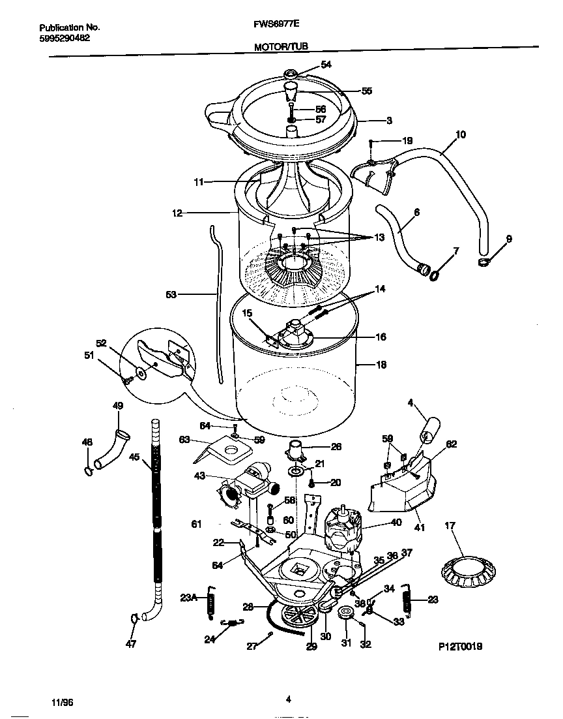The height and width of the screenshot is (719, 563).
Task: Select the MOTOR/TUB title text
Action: click(x=281, y=46)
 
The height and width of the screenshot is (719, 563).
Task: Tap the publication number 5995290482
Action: click(x=65, y=38)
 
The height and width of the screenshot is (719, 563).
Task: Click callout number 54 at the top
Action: click(x=326, y=64)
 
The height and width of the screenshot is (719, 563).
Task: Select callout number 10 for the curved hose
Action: click(x=460, y=134)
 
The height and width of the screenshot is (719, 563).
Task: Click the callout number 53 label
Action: click(x=171, y=295)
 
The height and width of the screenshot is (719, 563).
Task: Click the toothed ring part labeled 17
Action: click(x=465, y=570)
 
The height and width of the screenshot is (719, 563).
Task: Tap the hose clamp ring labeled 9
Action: click(x=484, y=262)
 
